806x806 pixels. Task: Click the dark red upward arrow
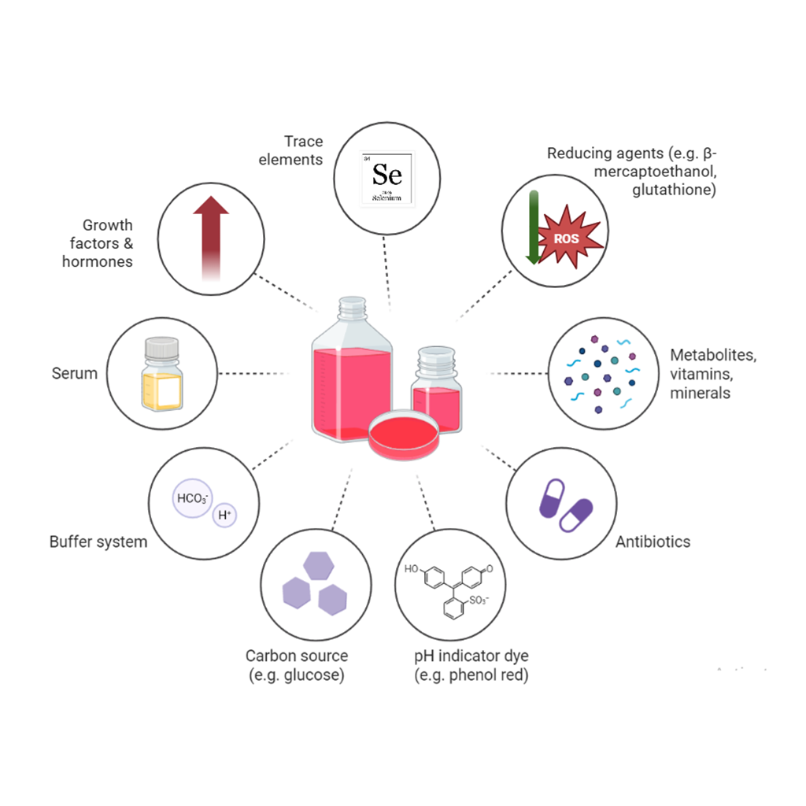tap(211, 236)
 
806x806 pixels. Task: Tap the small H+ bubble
tap(225, 516)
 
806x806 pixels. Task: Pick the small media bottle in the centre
tap(436, 386)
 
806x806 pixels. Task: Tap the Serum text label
tap(75, 373)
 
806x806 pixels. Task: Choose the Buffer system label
tap(98, 542)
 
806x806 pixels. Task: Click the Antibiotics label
tap(653, 542)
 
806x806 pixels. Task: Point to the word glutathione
tap(674, 190)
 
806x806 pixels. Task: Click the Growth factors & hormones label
tap(98, 243)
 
